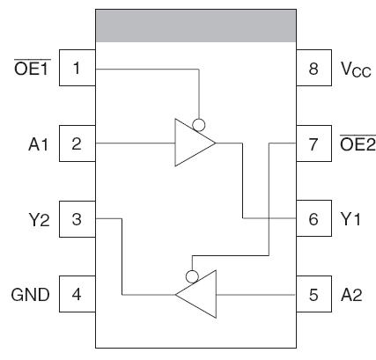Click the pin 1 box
[x=77, y=69]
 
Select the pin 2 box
[x=77, y=143]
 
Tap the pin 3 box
[x=77, y=219]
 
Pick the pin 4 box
[x=77, y=294]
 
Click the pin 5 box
[x=313, y=294]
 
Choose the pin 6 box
[x=313, y=219]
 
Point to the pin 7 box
[x=313, y=143]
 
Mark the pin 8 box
[x=313, y=69]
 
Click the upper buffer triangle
[x=191, y=143]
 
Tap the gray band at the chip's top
[x=194, y=26]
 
